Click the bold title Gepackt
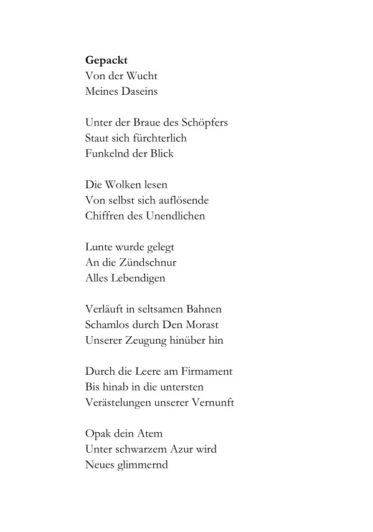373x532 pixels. point(106,61)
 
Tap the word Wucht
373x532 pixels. point(141,76)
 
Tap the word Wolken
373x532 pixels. point(124,185)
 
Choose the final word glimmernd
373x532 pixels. point(142,465)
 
